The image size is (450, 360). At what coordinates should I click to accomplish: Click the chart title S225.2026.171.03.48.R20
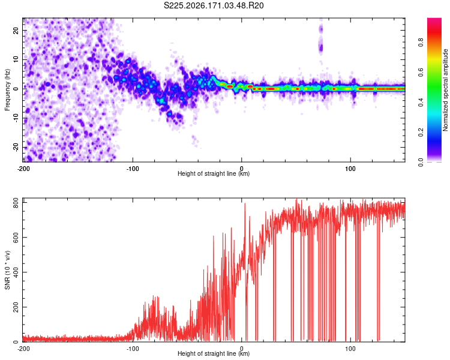click(214, 5)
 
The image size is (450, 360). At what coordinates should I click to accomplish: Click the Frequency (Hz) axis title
click(7, 90)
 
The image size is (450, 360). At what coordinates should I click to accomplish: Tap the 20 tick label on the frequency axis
click(16, 30)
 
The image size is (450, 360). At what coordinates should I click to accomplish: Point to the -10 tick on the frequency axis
click(16, 118)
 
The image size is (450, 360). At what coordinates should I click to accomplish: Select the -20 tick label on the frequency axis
click(16, 147)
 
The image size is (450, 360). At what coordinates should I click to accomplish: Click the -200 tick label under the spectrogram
click(23, 169)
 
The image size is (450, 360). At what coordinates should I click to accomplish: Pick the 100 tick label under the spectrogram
click(350, 169)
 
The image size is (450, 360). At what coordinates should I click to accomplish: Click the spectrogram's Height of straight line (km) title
click(214, 173)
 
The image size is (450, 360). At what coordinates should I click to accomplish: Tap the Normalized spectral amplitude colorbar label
click(445, 90)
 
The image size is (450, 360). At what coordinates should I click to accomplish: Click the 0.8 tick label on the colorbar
click(421, 43)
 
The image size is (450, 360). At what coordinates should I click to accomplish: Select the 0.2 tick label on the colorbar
click(421, 132)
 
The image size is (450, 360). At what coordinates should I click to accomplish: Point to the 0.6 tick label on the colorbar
click(421, 73)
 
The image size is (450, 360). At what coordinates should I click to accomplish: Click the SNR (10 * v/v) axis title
click(7, 270)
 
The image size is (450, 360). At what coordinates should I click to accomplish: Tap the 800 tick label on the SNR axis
click(16, 203)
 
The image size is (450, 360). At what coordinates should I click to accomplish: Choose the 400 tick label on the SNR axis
click(16, 272)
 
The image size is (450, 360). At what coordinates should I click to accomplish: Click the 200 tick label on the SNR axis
click(16, 307)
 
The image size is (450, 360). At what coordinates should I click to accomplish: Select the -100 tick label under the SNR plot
click(133, 349)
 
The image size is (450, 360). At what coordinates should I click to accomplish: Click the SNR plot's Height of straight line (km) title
click(214, 353)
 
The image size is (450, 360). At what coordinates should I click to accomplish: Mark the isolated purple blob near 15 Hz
click(321, 47)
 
